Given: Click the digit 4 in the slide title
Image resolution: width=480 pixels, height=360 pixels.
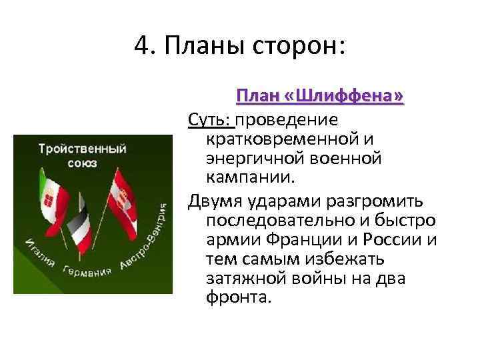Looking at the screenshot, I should tap(141, 46).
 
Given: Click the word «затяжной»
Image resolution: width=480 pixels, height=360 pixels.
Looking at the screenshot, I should tap(248, 277).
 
